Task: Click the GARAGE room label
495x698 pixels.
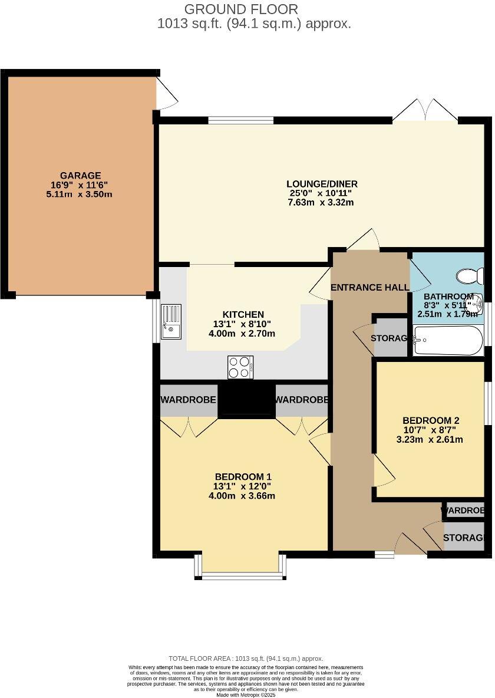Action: pyautogui.click(x=80, y=175)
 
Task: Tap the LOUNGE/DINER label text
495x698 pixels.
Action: pyautogui.click(x=322, y=184)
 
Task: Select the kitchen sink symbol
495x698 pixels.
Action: pyautogui.click(x=171, y=321)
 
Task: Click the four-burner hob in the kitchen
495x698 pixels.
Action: pyautogui.click(x=240, y=367)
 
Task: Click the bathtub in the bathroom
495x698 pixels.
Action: pyautogui.click(x=448, y=341)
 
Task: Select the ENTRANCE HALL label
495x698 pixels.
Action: pyautogui.click(x=369, y=288)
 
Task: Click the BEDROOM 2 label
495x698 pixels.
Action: pyautogui.click(x=431, y=420)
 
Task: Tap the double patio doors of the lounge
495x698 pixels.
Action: pyautogui.click(x=425, y=111)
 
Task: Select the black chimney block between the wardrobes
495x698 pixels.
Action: pyautogui.click(x=246, y=400)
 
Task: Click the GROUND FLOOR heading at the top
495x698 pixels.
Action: pyautogui.click(x=241, y=9)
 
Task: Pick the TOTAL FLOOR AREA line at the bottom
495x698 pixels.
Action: pyautogui.click(x=246, y=659)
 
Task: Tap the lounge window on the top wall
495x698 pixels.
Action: pyautogui.click(x=240, y=121)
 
